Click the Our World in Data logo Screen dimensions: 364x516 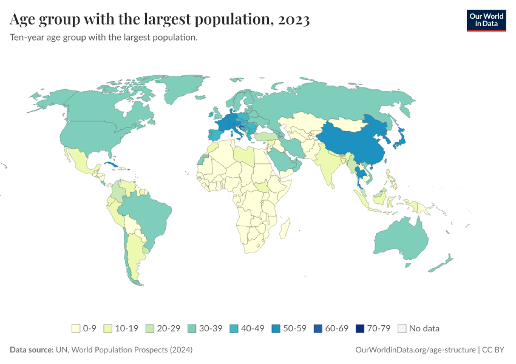coord(486,20)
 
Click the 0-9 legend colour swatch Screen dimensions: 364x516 coord(76,328)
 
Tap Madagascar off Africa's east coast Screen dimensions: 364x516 coord(284,229)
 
